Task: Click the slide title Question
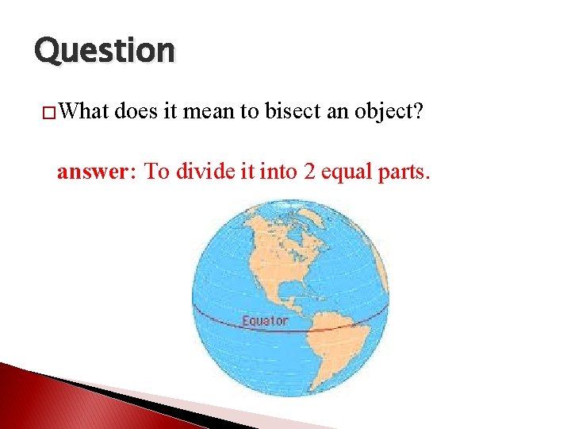click(104, 51)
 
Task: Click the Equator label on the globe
click(265, 321)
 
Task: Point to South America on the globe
click(341, 350)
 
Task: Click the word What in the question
click(84, 111)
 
